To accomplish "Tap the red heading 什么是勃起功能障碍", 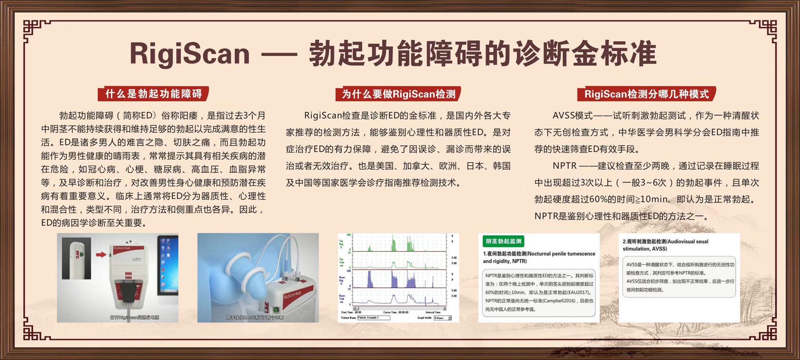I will (x=154, y=94).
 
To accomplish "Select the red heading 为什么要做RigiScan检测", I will (x=399, y=94).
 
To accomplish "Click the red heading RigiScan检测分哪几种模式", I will (x=646, y=94).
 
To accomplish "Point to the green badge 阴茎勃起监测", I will (x=503, y=241).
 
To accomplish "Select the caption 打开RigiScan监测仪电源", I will (x=134, y=317).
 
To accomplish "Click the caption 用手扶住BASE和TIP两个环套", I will (x=255, y=317).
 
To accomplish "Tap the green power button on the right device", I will (x=276, y=310).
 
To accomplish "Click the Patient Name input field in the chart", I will (x=374, y=318).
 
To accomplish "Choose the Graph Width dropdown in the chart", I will (x=442, y=318).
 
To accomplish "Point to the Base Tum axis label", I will (x=342, y=299).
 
